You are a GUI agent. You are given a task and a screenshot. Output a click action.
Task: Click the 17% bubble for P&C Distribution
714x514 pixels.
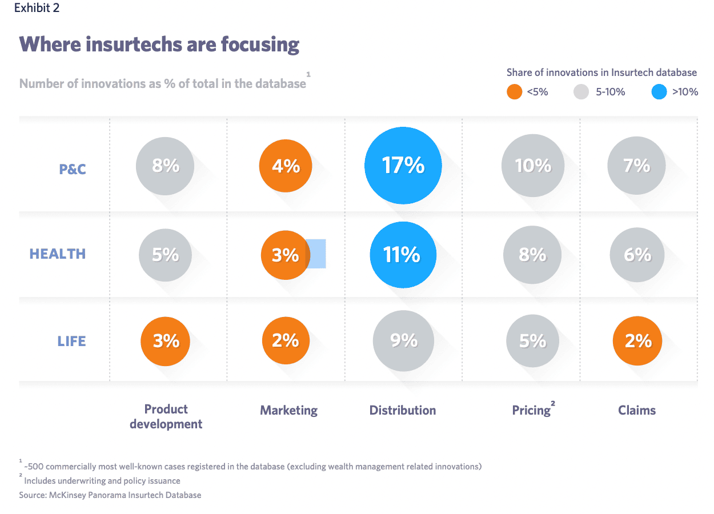pyautogui.click(x=403, y=166)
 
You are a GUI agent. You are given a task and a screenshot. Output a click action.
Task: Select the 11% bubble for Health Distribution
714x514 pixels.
pyautogui.click(x=403, y=254)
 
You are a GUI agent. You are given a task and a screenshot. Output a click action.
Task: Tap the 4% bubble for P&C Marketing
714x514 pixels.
pyautogui.click(x=286, y=166)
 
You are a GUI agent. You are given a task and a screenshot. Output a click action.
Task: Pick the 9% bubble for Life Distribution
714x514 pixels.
pyautogui.click(x=403, y=340)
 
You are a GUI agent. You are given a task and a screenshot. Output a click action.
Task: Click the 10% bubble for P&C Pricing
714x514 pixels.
pyautogui.click(x=532, y=166)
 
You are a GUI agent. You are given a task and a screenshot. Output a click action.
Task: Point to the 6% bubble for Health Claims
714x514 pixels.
pyautogui.click(x=637, y=254)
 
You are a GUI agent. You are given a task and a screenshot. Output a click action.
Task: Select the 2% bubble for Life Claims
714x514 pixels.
pyautogui.click(x=637, y=341)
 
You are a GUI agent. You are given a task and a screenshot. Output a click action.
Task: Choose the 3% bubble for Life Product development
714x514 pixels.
pyautogui.click(x=166, y=341)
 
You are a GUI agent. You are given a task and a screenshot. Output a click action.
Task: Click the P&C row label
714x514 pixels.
pyautogui.click(x=73, y=169)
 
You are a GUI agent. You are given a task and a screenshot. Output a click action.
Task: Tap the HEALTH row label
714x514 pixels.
pyautogui.click(x=58, y=254)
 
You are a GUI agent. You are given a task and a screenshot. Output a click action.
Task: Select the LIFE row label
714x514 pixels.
pyautogui.click(x=71, y=342)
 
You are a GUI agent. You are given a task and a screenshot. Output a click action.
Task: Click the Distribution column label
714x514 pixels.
pyautogui.click(x=403, y=410)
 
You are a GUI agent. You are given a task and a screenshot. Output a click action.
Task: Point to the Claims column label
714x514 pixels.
pyautogui.click(x=637, y=410)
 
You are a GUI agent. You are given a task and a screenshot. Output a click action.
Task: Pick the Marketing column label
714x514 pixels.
pyautogui.click(x=288, y=410)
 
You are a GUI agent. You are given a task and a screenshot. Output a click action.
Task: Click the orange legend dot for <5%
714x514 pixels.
pyautogui.click(x=514, y=91)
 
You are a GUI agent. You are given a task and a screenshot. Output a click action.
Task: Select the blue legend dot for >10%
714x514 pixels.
pyautogui.click(x=659, y=91)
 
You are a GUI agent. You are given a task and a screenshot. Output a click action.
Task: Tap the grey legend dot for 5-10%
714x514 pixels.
pyautogui.click(x=581, y=91)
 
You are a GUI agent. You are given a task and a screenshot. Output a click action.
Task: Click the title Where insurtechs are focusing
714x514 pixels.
pyautogui.click(x=159, y=44)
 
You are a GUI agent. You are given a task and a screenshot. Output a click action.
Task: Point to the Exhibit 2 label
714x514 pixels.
pyautogui.click(x=37, y=8)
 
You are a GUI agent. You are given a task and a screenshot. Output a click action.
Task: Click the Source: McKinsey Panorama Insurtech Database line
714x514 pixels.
pyautogui.click(x=110, y=495)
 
